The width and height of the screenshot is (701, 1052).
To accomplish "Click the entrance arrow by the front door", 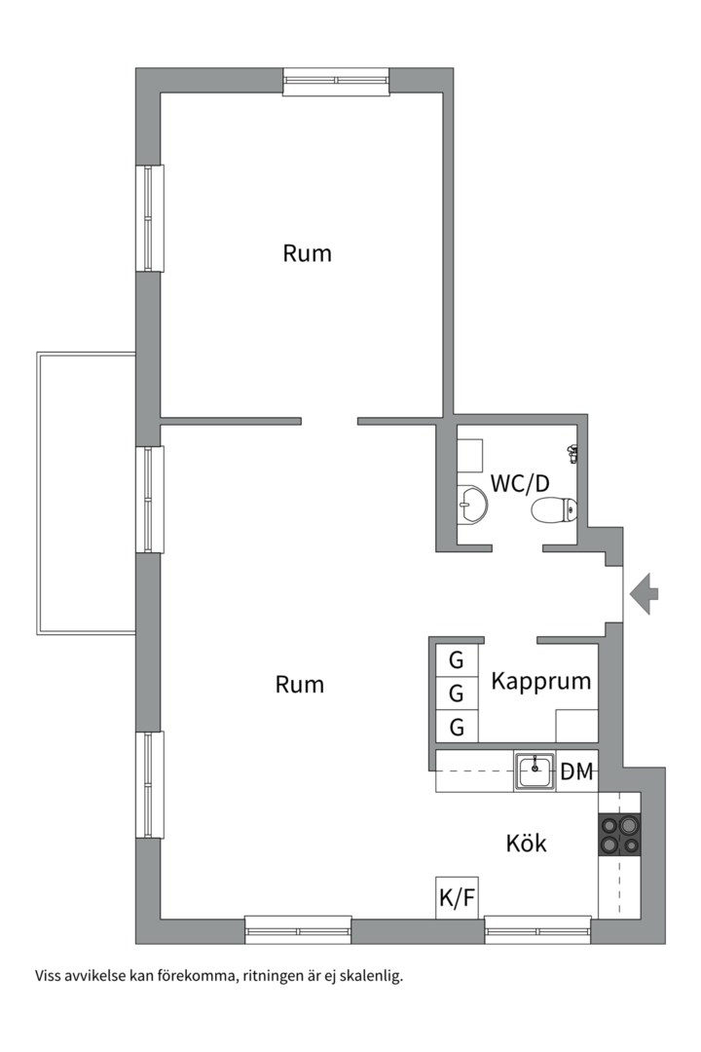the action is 645,594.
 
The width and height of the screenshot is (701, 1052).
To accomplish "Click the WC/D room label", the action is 520,483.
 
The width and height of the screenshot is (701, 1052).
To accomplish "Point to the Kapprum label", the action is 540,682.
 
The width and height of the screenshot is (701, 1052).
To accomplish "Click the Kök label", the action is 526,843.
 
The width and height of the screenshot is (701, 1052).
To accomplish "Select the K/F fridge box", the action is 457,897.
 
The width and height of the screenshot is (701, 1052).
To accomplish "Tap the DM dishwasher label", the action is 577,771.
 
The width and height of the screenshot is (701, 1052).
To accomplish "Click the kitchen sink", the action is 535,770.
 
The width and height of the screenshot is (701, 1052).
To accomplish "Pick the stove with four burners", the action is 619,834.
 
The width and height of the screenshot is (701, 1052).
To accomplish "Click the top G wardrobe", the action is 457,660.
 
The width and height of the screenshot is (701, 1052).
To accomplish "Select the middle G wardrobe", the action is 457,694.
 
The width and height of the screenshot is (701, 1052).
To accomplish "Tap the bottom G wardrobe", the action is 457,727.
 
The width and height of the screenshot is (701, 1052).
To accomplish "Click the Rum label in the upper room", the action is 308,253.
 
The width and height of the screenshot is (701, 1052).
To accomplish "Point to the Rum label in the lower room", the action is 300,685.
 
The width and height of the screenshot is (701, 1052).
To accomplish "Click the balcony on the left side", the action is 86,493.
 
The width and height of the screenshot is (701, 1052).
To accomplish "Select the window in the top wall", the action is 336,82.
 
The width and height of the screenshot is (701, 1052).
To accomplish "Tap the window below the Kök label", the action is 538,930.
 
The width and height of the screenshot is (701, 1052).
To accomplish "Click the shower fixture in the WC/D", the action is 572,454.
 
